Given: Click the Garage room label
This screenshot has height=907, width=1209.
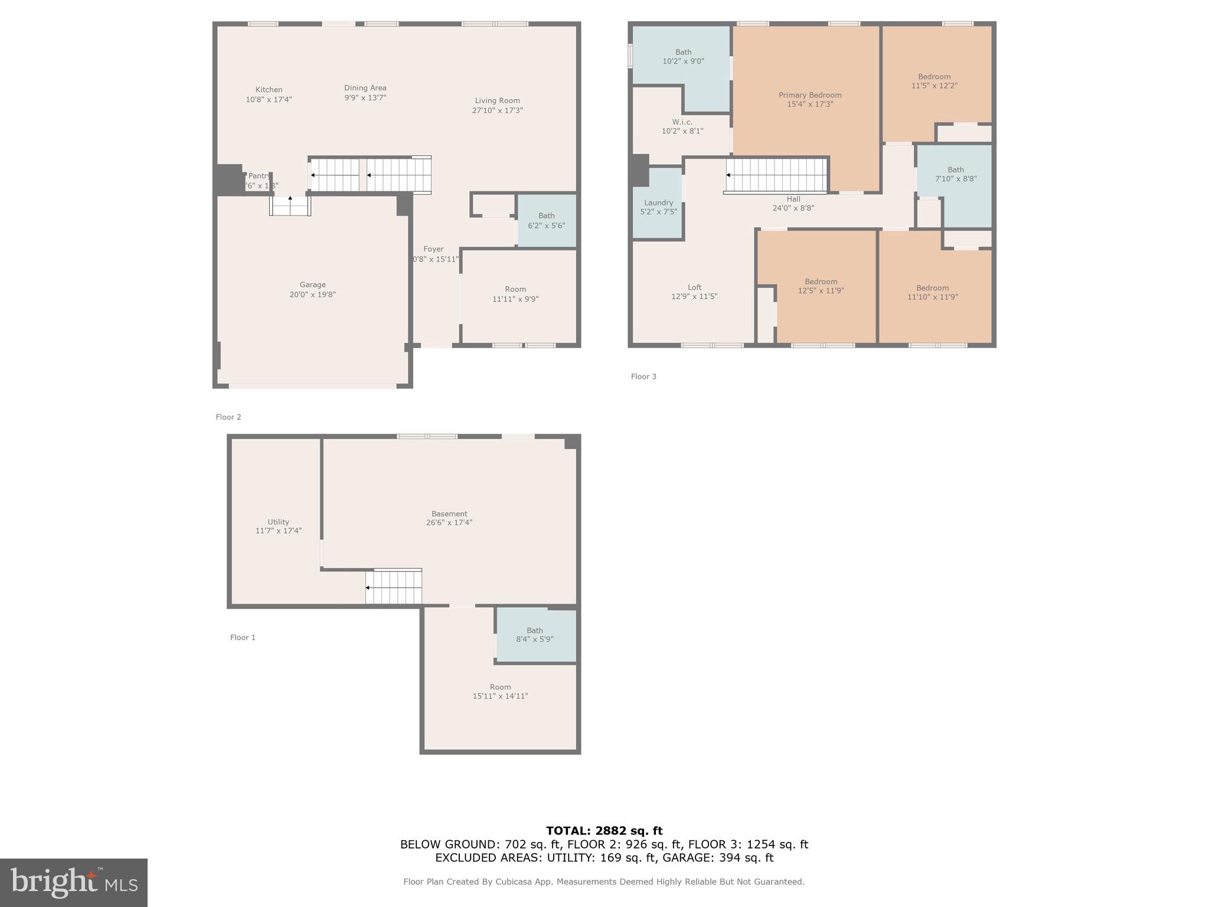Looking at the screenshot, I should [x=312, y=285].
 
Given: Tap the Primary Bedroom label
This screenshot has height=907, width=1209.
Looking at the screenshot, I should [x=809, y=95].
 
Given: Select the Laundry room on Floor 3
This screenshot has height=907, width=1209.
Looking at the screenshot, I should [x=658, y=207].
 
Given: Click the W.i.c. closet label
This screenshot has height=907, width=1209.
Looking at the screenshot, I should [x=682, y=122].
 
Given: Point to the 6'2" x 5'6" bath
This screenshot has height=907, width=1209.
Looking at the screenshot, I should [x=546, y=220].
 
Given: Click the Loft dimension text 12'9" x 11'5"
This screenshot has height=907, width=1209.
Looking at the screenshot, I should [x=694, y=296].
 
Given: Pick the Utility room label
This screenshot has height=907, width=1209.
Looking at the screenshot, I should [x=278, y=522].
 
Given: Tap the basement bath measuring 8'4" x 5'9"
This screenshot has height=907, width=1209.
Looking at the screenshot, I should [x=534, y=635].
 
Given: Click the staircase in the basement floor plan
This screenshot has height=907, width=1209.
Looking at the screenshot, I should [x=394, y=587].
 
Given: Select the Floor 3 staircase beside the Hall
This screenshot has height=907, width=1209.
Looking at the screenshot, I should [x=776, y=175].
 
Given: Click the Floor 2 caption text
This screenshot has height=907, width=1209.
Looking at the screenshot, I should [x=228, y=417].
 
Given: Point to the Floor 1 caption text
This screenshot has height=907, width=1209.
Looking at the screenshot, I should [x=243, y=637].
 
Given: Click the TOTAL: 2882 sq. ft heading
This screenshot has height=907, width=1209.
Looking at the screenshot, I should [x=604, y=831].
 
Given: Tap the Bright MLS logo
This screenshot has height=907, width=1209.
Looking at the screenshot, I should [x=74, y=882].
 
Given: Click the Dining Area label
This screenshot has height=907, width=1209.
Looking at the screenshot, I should [x=365, y=88].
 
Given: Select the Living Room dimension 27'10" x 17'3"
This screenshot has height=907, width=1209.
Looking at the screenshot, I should [x=497, y=110].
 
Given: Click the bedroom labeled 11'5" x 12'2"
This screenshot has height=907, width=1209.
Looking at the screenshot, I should [x=934, y=81].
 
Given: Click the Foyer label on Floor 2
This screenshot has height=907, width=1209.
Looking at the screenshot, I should [x=433, y=249].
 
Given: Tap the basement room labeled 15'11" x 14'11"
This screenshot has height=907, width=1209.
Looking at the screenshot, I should [x=500, y=691].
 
